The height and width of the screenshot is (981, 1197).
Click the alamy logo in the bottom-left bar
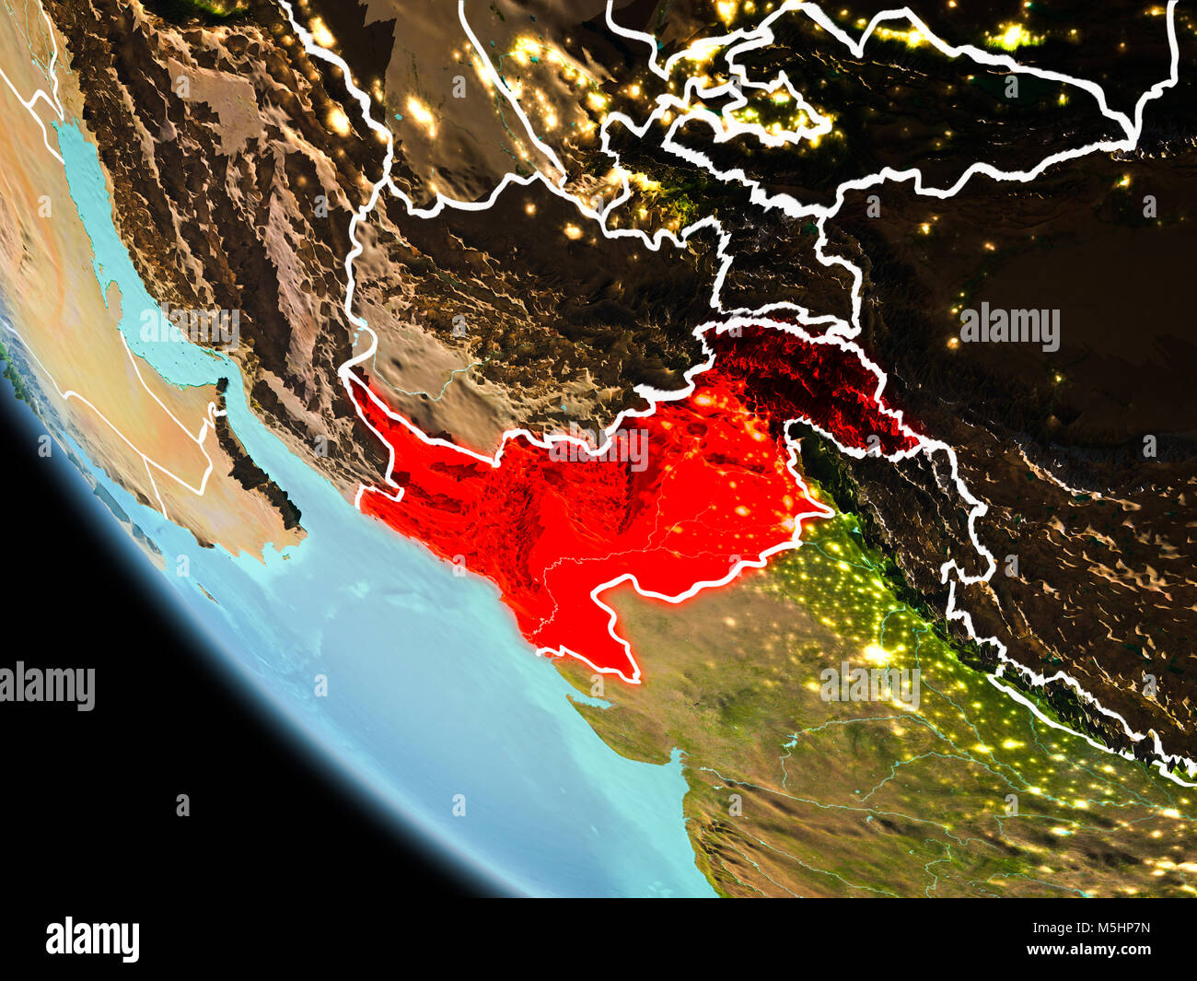92,939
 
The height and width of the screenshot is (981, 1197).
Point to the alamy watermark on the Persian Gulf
189,324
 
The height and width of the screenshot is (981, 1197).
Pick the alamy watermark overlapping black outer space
46,685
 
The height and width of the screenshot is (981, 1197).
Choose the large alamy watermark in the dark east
1009,326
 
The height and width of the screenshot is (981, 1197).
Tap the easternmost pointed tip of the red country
826,508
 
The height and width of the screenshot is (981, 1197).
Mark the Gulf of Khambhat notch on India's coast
678,761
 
